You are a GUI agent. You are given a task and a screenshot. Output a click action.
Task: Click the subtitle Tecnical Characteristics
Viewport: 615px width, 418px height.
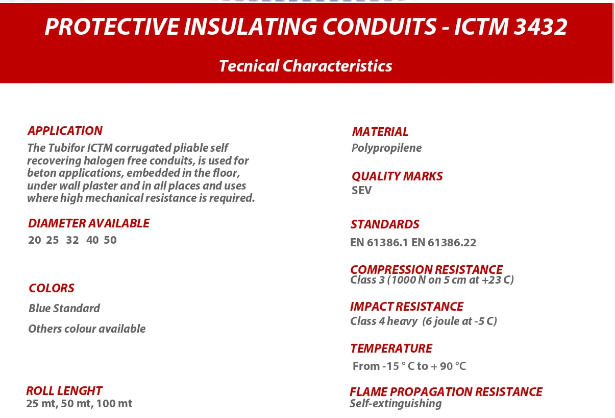305,66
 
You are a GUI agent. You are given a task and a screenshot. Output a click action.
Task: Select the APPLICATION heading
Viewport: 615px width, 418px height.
65,131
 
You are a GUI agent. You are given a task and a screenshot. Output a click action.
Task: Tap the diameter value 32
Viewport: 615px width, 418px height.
72,240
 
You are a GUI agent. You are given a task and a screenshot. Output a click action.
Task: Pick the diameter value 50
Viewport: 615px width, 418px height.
110,240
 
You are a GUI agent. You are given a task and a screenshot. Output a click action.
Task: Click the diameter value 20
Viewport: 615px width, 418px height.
35,240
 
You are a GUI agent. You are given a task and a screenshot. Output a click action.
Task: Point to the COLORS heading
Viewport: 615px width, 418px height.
52,288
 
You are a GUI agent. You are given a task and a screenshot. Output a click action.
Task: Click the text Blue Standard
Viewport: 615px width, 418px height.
64,309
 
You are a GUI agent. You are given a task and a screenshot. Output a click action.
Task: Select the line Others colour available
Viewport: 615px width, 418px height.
87,329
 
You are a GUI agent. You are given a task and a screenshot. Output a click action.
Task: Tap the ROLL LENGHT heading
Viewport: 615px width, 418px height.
64,391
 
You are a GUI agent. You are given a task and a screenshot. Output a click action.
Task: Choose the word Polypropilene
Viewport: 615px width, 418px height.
386,148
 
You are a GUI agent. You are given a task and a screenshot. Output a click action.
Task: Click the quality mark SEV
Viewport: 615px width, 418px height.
361,191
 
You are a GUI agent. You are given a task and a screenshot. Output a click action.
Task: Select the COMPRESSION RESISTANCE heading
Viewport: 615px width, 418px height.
426,269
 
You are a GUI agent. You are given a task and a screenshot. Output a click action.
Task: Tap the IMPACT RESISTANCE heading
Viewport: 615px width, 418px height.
406,307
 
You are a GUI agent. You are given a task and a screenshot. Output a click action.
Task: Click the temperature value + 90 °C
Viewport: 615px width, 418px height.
448,366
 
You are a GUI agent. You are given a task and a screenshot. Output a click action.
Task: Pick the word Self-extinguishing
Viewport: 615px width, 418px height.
396,404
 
